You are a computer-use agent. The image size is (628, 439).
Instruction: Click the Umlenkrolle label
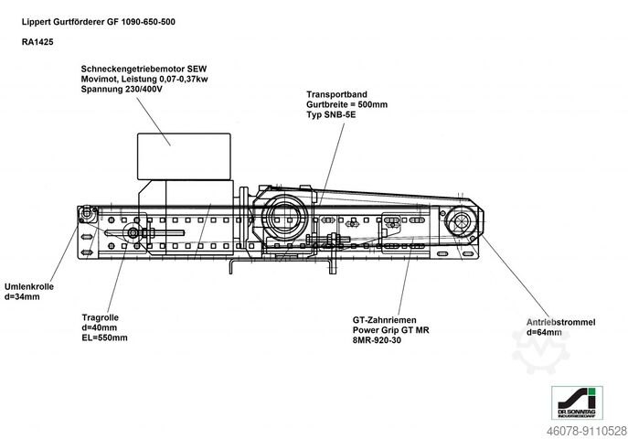(28, 286)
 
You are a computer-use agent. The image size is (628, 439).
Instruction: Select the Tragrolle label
(101, 316)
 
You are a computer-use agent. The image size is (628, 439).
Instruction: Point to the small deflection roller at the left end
(88, 214)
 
